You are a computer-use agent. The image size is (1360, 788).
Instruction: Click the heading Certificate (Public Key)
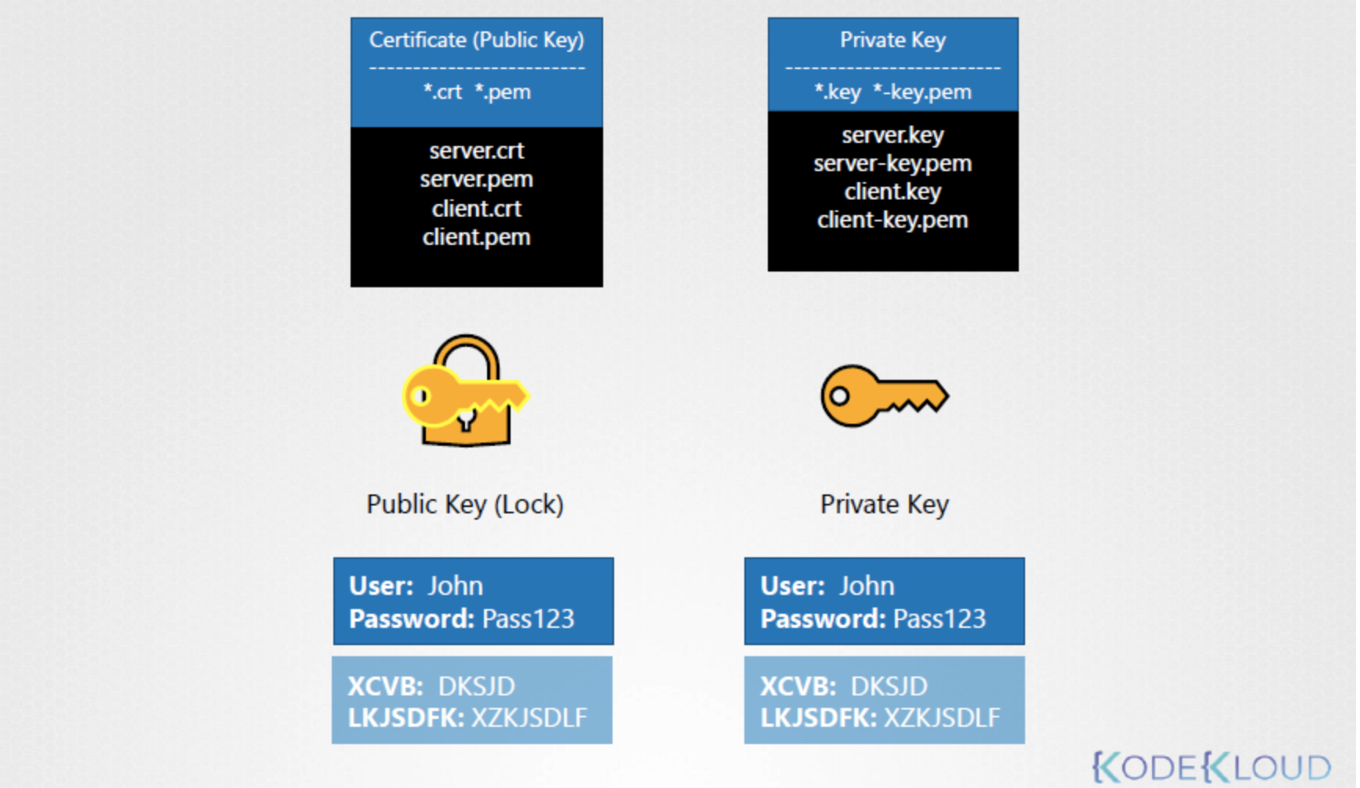(x=476, y=40)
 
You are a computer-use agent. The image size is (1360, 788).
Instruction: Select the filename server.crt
(x=476, y=151)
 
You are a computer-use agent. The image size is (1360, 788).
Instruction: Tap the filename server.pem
(x=476, y=180)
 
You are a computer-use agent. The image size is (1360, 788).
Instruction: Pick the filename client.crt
(x=476, y=209)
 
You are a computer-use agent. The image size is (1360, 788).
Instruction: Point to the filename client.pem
(x=476, y=237)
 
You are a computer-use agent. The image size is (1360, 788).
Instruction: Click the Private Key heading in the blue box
(x=893, y=40)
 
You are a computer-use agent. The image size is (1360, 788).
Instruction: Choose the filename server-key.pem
(x=893, y=163)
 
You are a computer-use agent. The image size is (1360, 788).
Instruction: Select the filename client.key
(x=893, y=192)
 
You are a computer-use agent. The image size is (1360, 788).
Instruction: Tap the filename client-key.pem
(x=893, y=220)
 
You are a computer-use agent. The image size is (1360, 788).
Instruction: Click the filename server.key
(x=893, y=135)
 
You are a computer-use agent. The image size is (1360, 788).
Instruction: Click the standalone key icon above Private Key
(x=884, y=396)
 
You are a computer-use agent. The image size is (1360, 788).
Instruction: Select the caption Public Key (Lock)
(x=465, y=504)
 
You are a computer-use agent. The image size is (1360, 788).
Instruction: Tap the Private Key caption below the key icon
(x=884, y=504)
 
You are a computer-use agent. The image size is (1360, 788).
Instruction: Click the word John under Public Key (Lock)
(x=455, y=586)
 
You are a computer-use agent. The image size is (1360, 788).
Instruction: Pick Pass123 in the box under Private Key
(x=939, y=619)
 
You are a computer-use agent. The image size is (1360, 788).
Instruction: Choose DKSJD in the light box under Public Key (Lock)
(x=476, y=687)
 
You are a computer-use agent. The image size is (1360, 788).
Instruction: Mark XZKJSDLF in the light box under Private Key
(x=942, y=717)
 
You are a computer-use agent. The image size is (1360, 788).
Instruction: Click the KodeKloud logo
(x=1212, y=767)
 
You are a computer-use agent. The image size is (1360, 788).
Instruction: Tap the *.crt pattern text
(x=443, y=92)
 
